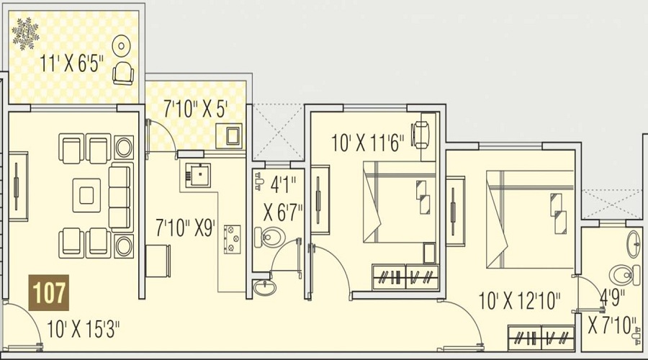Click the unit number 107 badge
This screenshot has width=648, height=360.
click(x=49, y=292)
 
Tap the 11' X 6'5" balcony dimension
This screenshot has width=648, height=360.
click(x=71, y=64)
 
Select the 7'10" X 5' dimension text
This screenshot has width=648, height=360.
click(x=196, y=109)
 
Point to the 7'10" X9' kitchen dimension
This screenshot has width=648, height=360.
click(x=186, y=228)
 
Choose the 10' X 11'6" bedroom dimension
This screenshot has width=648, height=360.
click(x=367, y=143)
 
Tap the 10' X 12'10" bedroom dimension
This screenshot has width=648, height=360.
click(x=519, y=300)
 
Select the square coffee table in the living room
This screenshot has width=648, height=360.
click(x=86, y=195)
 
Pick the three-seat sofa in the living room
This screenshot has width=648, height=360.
click(x=121, y=197)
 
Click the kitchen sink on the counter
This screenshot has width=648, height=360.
click(x=197, y=175)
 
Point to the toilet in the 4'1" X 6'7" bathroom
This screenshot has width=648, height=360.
click(x=270, y=238)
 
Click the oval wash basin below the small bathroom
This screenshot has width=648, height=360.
click(x=264, y=287)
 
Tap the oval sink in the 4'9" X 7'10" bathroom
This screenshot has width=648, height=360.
click(x=634, y=244)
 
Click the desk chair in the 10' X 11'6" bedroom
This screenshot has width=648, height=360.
click(x=420, y=135)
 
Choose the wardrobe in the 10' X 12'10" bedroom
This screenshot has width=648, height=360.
click(x=541, y=338)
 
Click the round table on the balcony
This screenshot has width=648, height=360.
click(x=121, y=46)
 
